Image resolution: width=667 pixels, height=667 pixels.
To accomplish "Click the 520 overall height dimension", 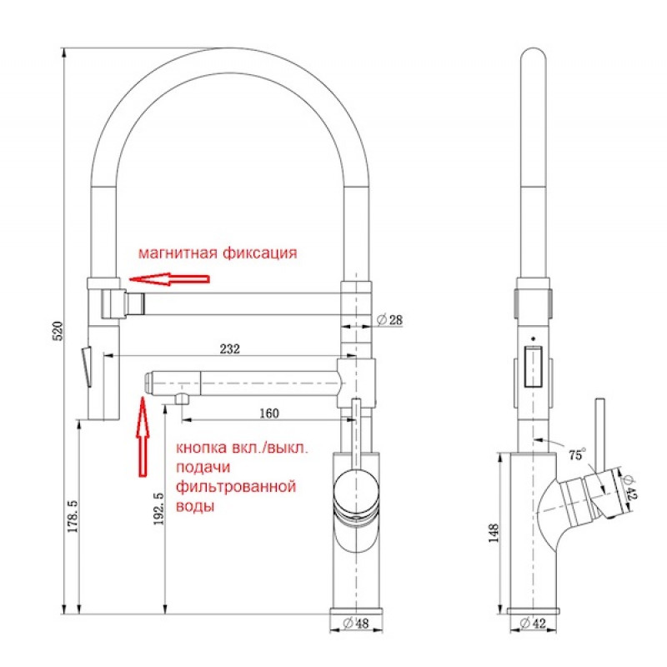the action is pyautogui.click(x=58, y=331).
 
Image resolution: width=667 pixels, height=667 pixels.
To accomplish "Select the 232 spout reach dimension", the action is pyautogui.click(x=230, y=349).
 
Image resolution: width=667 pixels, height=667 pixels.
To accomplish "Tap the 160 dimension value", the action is pyautogui.click(x=269, y=413).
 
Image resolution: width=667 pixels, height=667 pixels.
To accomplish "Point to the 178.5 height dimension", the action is pyautogui.click(x=73, y=516).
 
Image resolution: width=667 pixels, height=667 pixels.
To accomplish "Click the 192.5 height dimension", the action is pyautogui.click(x=158, y=509).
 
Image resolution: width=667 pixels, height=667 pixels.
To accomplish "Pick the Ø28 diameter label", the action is pyautogui.click(x=389, y=319).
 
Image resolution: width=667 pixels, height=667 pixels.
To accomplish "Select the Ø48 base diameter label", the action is pyautogui.click(x=356, y=624).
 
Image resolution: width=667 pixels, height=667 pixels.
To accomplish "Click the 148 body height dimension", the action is pyautogui.click(x=494, y=533).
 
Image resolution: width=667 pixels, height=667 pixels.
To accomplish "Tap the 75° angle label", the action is pyautogui.click(x=577, y=454).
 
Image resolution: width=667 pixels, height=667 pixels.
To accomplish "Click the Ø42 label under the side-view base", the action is pyautogui.click(x=533, y=624).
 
